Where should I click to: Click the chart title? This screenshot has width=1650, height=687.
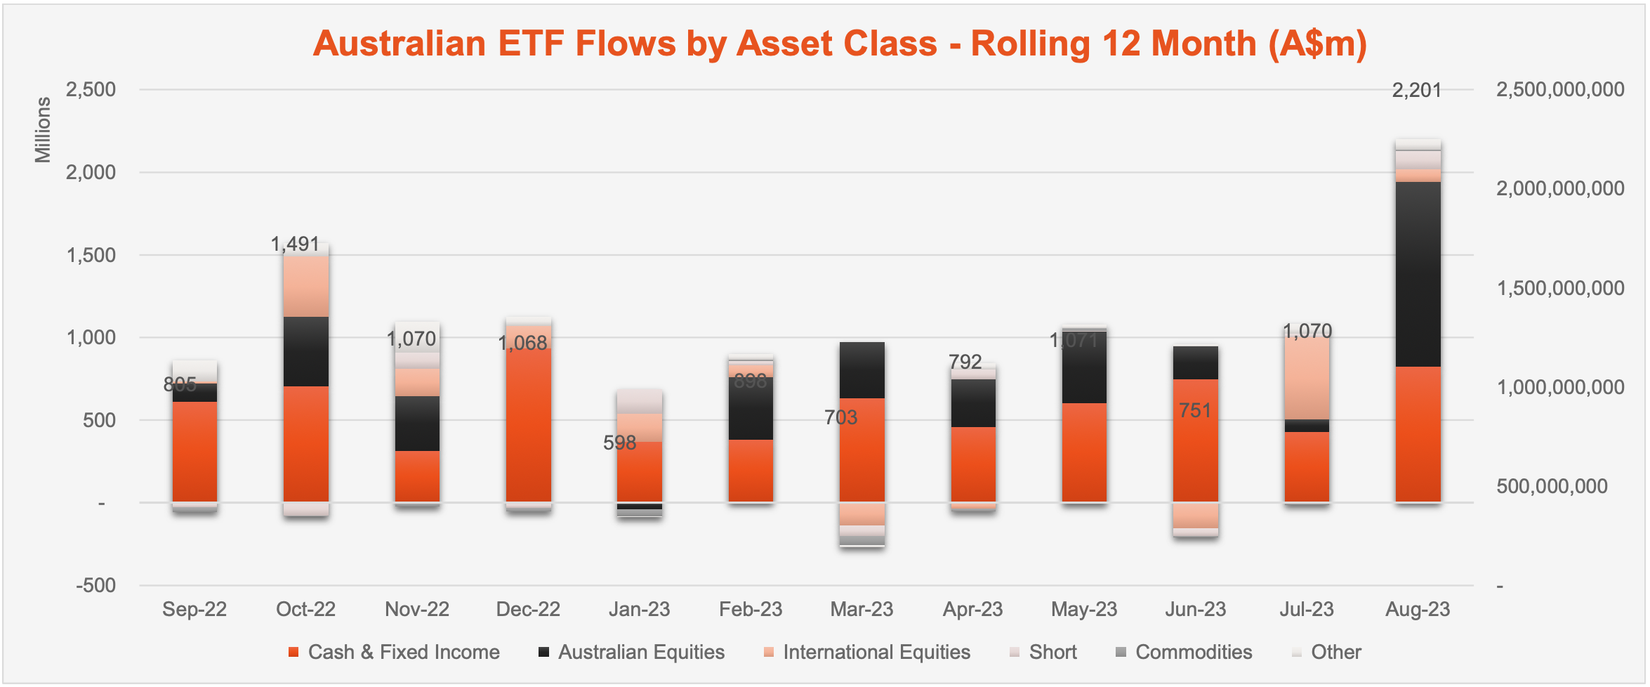(840, 44)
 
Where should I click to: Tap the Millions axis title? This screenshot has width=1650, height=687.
(43, 130)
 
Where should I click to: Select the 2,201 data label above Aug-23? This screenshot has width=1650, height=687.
(1416, 91)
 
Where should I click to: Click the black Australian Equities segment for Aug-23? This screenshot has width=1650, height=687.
(1418, 274)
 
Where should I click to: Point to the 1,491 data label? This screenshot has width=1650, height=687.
(295, 244)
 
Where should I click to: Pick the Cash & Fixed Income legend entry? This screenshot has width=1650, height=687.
(394, 653)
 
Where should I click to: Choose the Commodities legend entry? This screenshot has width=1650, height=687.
(1184, 653)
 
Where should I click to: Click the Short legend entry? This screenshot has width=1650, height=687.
(1043, 653)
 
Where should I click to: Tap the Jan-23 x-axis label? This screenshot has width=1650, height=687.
(639, 609)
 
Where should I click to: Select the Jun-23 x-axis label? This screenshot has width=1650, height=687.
(1195, 609)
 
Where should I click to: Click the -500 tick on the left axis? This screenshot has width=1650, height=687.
(96, 585)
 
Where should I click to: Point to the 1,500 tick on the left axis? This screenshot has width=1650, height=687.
(91, 255)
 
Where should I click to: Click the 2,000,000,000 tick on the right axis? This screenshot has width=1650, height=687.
(1560, 188)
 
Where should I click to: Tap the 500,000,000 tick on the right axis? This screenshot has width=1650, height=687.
(1552, 486)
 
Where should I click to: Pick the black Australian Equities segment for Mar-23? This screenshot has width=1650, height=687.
(862, 370)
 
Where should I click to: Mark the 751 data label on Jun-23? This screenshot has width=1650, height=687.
(1195, 410)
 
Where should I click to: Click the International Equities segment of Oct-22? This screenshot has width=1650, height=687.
(305, 287)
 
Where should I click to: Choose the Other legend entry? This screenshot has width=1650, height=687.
(1326, 653)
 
